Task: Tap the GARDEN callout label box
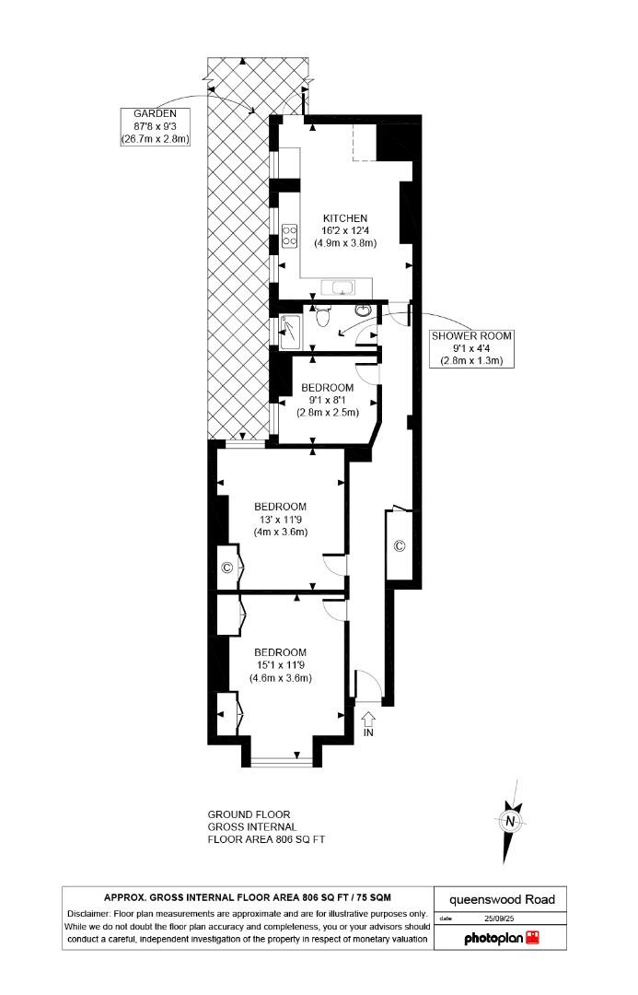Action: pos(155,126)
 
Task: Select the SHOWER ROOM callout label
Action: pos(471,347)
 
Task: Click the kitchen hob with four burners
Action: pos(289,236)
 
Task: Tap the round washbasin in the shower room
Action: pos(364,310)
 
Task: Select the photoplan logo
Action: pos(500,937)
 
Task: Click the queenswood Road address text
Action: pos(501,899)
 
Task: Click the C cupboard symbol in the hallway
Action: pos(400,545)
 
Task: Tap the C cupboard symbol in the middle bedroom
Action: pos(227,567)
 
